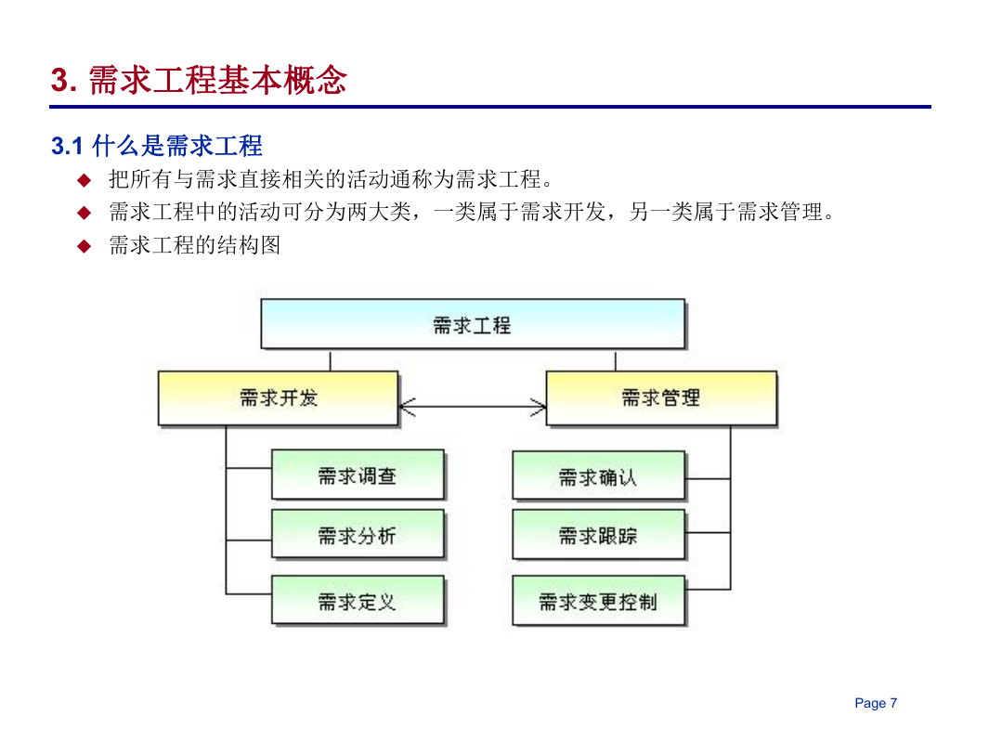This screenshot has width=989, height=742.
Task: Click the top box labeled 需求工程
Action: click(473, 324)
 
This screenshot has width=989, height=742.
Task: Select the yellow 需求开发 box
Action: click(279, 398)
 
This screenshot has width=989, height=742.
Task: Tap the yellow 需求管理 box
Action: click(661, 398)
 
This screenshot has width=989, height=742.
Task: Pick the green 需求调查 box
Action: click(358, 475)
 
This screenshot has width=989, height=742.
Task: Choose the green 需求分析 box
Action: click(358, 534)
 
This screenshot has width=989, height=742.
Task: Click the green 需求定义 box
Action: click(358, 600)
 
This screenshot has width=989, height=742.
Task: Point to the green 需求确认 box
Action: click(599, 475)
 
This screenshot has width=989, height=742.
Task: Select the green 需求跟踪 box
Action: click(599, 535)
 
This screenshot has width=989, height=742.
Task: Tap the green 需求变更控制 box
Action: click(599, 601)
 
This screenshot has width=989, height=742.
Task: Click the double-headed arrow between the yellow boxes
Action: click(473, 407)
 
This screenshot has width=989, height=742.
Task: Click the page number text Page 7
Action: click(876, 703)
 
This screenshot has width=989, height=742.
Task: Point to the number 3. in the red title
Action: click(64, 80)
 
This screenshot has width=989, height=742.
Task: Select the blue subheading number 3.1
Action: click(67, 146)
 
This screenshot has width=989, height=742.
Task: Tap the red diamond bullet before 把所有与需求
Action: click(84, 180)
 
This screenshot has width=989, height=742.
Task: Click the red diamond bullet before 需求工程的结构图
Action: click(84, 246)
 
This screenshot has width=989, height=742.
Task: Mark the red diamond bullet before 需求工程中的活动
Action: click(84, 213)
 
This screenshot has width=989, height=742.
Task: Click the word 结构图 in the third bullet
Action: click(249, 245)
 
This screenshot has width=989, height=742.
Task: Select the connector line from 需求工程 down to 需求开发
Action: click(330, 360)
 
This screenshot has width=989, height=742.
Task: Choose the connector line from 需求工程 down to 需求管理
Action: click(615, 360)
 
